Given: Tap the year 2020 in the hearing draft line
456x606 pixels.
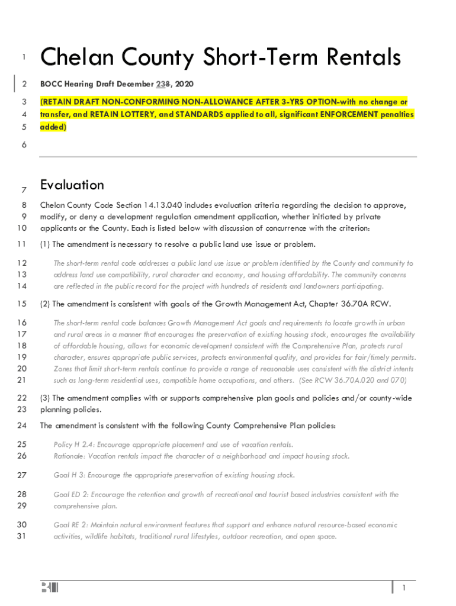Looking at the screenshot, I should (184, 85).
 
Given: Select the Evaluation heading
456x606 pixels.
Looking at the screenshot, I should (72, 185).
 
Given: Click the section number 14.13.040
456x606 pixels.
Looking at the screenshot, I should (164, 205).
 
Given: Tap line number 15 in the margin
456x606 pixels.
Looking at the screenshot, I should (23, 304).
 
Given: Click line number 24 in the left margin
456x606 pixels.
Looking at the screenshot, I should (23, 426).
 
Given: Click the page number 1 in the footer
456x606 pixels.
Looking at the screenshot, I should (403, 588).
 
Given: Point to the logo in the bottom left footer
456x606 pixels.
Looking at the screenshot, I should (50, 588).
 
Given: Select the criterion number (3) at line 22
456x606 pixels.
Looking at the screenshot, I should (45, 398).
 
